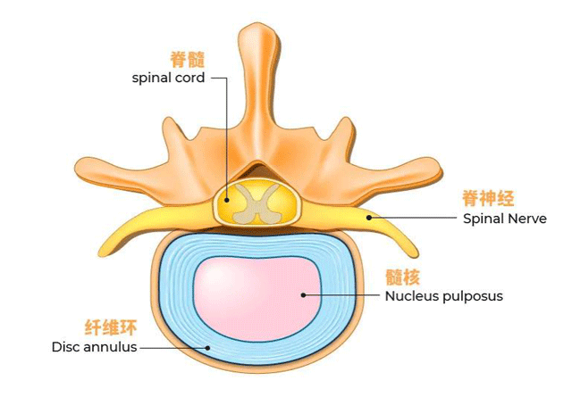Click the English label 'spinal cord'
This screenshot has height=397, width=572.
click(168, 78)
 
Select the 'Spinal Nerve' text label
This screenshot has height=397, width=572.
click(504, 217)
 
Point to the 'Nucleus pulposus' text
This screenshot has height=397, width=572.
click(443, 295)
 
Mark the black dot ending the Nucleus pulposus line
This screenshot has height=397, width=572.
click(304, 295)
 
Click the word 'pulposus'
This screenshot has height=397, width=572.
click(473, 295)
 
